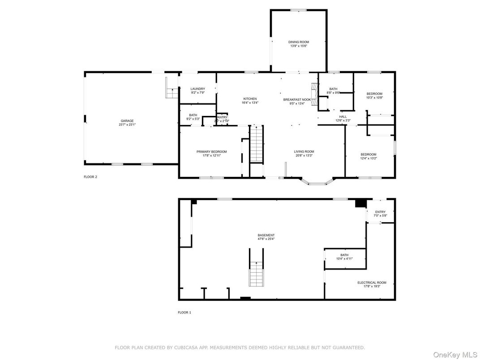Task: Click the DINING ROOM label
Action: point(298,42)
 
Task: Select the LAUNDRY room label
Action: point(197,89)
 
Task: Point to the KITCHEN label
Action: point(250,99)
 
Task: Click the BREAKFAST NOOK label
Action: point(297,99)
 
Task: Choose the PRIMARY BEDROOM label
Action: point(211,152)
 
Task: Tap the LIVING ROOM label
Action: point(304,152)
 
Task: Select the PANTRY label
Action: point(222,117)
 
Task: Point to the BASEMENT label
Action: point(266,236)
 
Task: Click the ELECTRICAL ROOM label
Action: point(372,283)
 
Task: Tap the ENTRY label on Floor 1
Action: point(380,212)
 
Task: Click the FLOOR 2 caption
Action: point(90,177)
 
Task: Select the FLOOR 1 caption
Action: point(184,313)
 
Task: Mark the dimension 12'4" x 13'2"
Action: point(368,158)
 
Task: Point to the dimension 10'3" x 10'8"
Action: point(374,98)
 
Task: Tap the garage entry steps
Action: point(171,90)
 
